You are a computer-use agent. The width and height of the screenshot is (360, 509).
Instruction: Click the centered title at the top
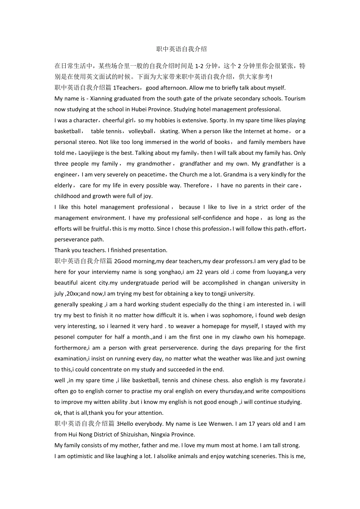[181, 49]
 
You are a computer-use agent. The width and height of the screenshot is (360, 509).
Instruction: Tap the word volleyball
[140, 131]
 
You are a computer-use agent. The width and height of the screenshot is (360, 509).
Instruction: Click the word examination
[70, 359]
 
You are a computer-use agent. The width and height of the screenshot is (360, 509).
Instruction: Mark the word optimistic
[80, 456]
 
